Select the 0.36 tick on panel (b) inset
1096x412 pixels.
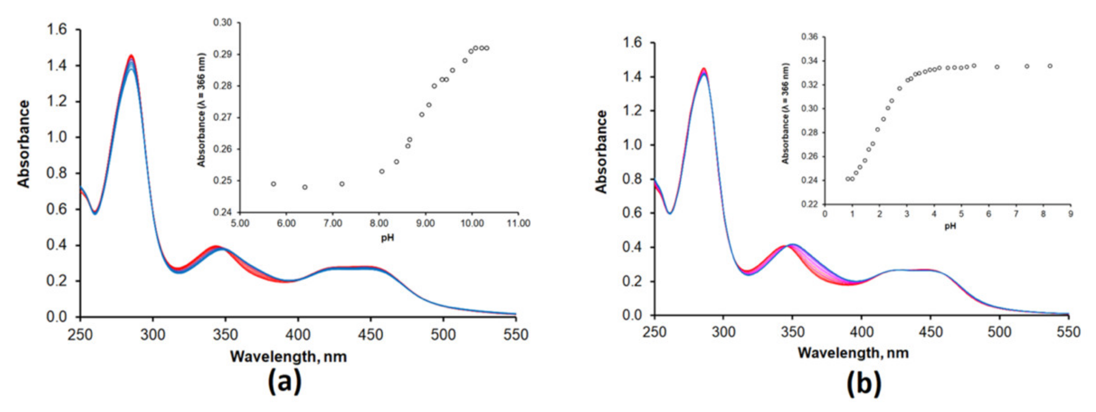pos(809,37)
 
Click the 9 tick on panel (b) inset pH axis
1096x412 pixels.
pos(1071,214)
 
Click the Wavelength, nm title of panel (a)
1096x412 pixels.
pos(288,356)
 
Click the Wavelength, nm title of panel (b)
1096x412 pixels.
pos(853,353)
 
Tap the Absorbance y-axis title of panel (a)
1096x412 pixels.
pos(24,144)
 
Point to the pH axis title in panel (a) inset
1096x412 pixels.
pos(387,237)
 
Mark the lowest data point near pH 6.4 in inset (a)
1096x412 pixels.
pos(305,187)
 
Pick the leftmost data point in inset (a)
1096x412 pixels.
pos(274,184)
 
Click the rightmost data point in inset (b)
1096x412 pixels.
pos(1050,66)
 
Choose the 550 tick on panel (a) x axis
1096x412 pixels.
pos(516,335)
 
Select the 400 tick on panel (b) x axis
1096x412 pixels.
pos(861,332)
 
